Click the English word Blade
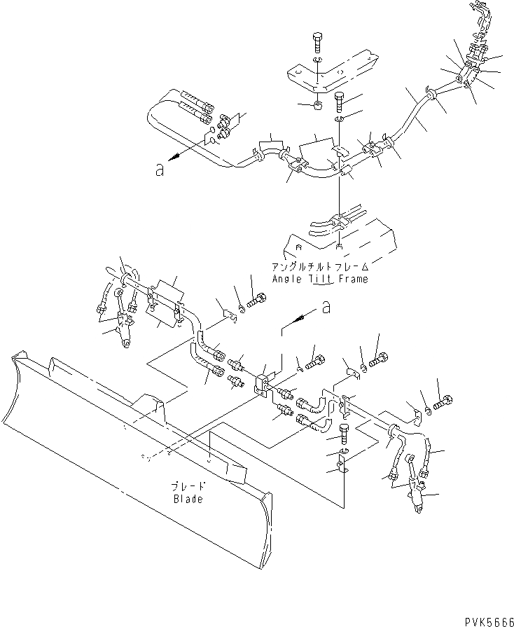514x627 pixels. (x=188, y=499)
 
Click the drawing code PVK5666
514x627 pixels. (x=487, y=621)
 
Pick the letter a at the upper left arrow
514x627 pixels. (x=160, y=170)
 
